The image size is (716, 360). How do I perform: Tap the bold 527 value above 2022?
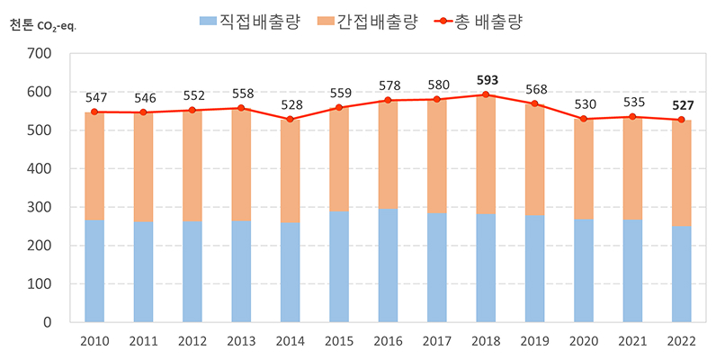pos(681,105)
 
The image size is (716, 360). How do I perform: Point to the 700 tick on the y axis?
pos(41,54)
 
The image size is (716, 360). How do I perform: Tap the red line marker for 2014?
pos(290,119)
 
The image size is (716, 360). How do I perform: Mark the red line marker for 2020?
pos(584,119)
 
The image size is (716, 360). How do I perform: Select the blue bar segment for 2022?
pos(681,274)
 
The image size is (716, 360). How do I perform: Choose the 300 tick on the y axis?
pos(41,207)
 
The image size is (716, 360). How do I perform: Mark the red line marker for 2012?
pos(192,110)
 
